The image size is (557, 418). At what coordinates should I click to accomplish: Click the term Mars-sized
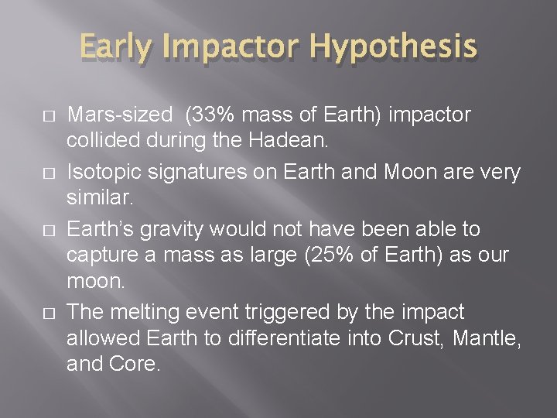click(120, 115)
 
